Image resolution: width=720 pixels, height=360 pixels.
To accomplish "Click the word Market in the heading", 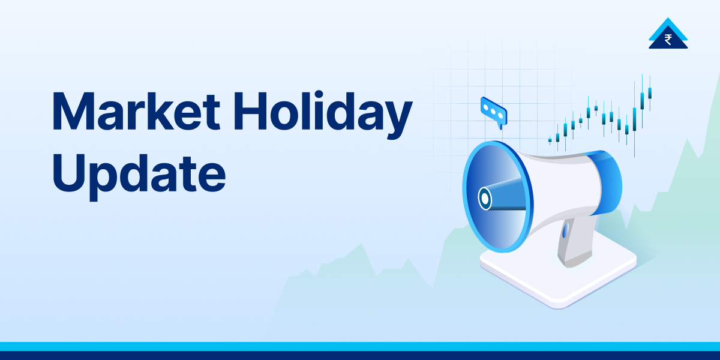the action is [136, 111].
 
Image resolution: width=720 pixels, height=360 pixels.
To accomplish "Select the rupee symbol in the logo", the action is [668, 40].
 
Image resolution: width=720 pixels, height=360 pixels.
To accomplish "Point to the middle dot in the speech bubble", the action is [493, 111].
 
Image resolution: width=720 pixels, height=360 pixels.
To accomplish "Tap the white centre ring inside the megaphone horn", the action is [485, 199].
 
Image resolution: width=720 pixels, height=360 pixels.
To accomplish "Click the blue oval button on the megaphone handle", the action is [565, 230].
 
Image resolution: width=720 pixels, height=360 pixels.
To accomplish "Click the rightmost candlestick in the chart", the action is [650, 93].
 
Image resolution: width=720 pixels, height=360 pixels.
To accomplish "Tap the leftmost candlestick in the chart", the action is [550, 140].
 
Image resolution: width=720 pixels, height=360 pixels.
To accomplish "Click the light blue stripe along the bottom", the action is [360, 347].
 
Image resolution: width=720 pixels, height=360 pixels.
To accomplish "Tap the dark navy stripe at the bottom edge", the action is [360, 355].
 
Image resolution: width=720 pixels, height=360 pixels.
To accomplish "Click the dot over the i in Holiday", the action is [319, 95].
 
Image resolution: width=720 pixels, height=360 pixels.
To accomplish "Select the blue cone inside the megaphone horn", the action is [505, 194].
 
